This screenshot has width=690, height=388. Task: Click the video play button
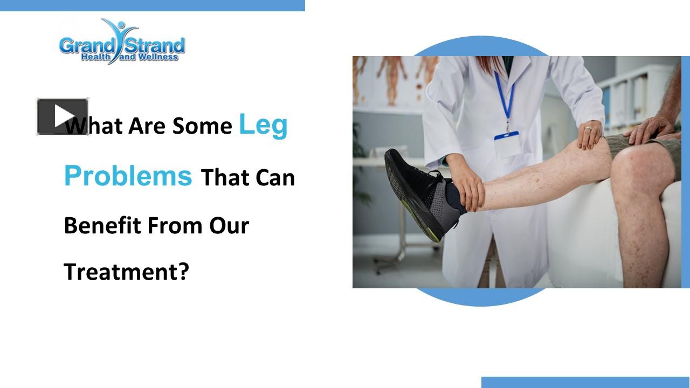pyautogui.click(x=63, y=116)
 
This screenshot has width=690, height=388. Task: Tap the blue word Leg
pyautogui.click(x=263, y=124)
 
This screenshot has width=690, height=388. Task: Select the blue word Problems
pyautogui.click(x=128, y=175)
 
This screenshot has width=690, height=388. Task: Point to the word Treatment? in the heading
pyautogui.click(x=127, y=272)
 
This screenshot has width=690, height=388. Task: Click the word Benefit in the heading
pyautogui.click(x=102, y=225)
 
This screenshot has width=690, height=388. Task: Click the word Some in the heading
pyautogui.click(x=202, y=126)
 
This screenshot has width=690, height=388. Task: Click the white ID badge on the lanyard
pyautogui.click(x=507, y=144)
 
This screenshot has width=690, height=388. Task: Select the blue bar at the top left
pyautogui.click(x=152, y=5)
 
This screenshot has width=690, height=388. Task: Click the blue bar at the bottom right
pyautogui.click(x=585, y=382)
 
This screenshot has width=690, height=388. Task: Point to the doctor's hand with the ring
pyautogui.click(x=590, y=134)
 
